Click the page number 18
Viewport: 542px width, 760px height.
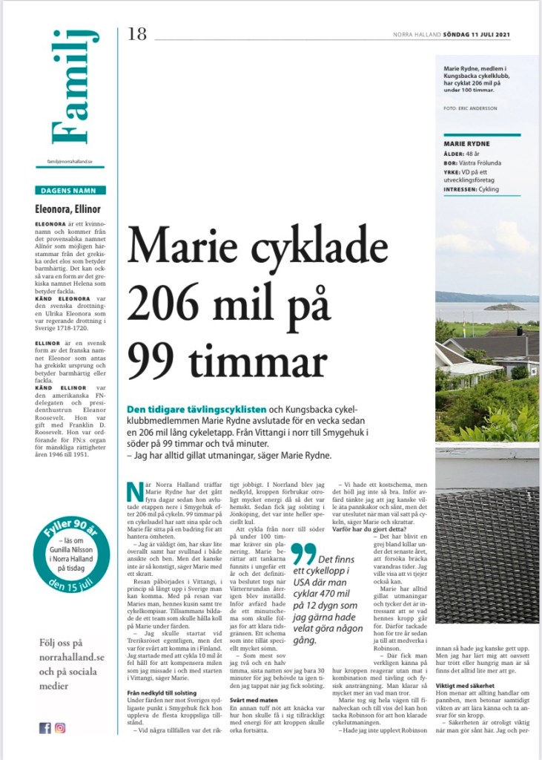139,34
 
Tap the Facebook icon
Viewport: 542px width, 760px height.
44,728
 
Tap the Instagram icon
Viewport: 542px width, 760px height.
60,728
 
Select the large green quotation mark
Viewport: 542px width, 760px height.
302,553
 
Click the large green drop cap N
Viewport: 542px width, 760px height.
134,492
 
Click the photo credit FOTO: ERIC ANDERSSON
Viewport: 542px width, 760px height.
469,108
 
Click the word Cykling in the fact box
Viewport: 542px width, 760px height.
488,189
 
